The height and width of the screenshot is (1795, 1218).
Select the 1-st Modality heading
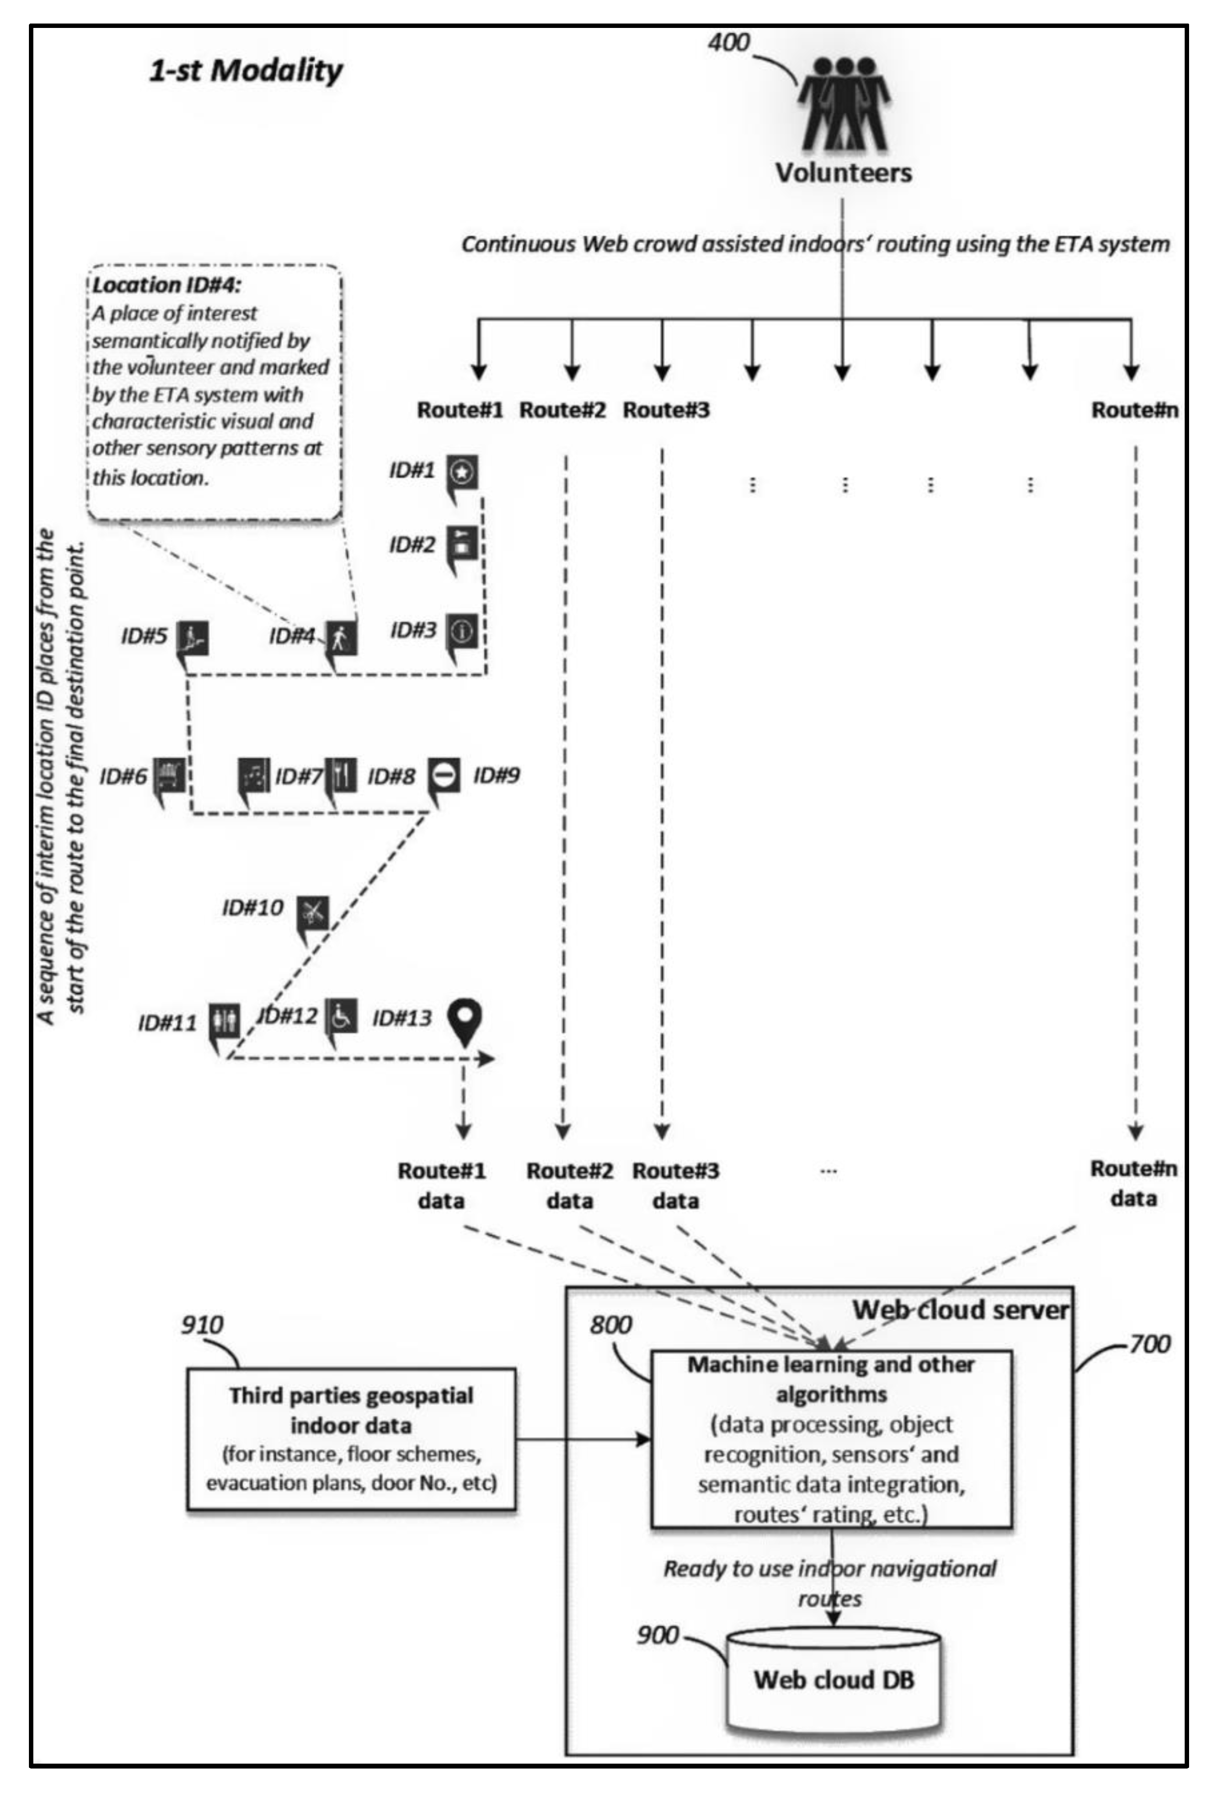pos(246,70)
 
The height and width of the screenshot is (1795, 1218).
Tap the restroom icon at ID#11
pos(225,1021)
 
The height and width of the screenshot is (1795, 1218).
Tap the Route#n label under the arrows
pos(1134,410)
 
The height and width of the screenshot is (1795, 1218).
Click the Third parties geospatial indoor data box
pos(351,1438)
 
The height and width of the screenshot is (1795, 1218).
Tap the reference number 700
pos(1149,1344)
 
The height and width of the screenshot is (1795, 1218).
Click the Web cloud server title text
pos(960,1310)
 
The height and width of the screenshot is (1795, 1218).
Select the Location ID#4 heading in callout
pos(167,285)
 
